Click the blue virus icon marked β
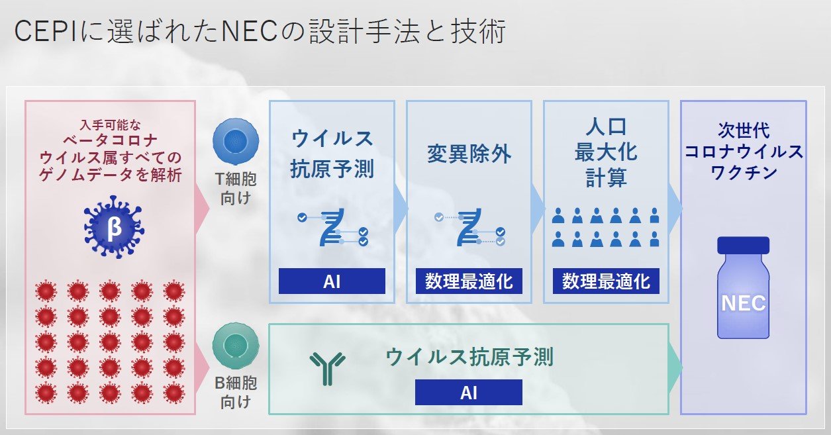[114, 227]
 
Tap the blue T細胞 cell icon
[236, 141]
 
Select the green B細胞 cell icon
[236, 346]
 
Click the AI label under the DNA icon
[332, 281]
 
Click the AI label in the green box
[469, 392]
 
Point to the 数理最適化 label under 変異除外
[469, 281]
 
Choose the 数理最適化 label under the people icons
[606, 281]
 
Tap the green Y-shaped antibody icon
[327, 368]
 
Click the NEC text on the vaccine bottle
[743, 303]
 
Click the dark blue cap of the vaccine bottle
[743, 245]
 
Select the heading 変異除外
[469, 154]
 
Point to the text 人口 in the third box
[606, 126]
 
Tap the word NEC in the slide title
[249, 32]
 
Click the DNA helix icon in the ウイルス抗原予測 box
[333, 227]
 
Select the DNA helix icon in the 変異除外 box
[469, 227]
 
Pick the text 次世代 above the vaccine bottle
[744, 130]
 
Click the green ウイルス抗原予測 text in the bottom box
[469, 357]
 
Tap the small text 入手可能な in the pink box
[111, 125]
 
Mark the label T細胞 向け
[236, 189]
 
